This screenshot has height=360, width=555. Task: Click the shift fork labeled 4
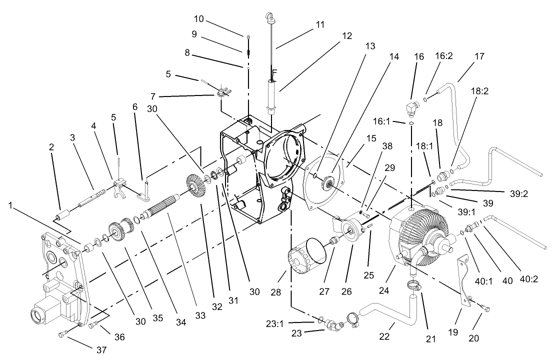click(x=120, y=189)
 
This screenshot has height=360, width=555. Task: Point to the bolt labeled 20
click(x=484, y=308)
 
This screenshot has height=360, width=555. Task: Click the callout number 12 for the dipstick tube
click(x=347, y=36)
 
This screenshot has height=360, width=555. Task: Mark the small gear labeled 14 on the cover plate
click(x=330, y=184)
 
